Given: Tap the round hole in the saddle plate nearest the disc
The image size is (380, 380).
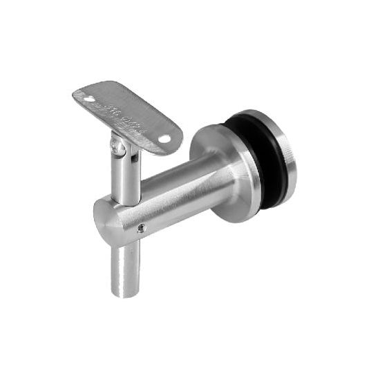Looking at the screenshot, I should tap(164, 139).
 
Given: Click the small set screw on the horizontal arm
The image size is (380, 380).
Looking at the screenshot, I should tap(141, 229).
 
